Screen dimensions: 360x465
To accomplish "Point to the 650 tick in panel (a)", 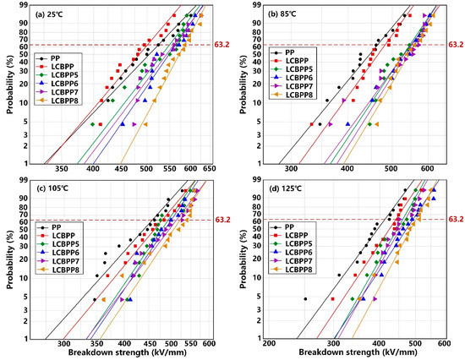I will coord(207,169).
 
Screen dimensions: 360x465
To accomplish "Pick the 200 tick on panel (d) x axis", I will coord(270,345).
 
